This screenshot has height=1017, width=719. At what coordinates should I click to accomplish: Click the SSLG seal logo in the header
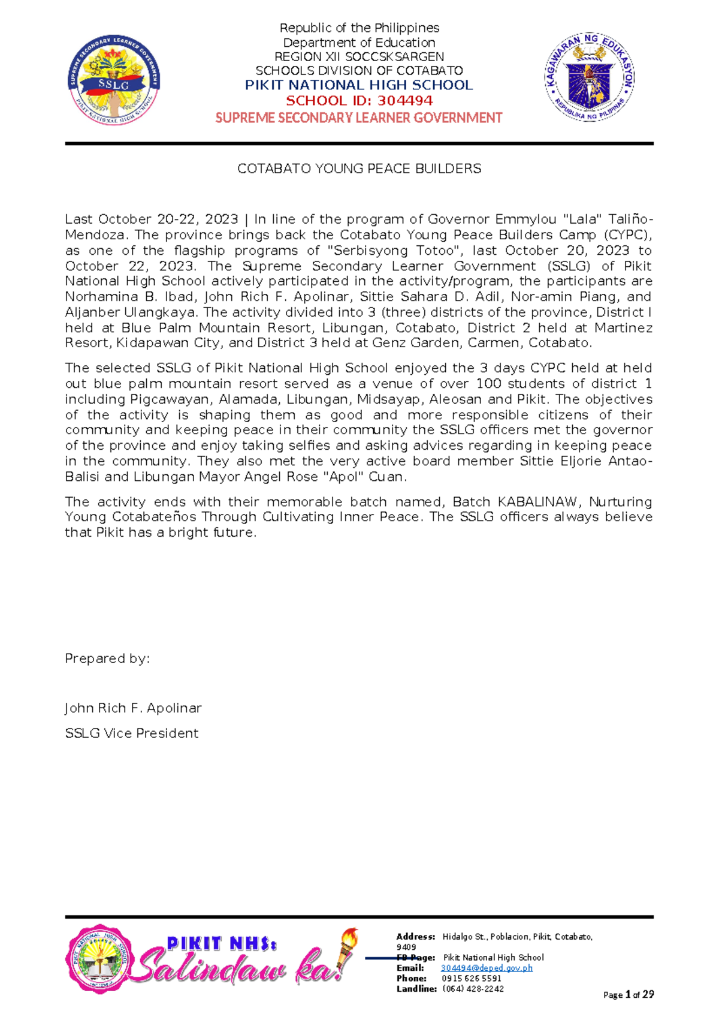(114, 80)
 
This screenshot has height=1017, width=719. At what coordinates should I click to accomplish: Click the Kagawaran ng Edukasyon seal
(590, 77)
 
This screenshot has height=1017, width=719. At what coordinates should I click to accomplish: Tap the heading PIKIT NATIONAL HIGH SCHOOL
(359, 85)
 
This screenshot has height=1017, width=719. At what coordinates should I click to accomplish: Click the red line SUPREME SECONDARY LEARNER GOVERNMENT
(359, 118)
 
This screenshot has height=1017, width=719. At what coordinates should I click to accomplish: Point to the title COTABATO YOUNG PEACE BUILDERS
(359, 169)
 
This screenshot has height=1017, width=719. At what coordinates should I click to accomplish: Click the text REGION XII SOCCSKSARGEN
(359, 57)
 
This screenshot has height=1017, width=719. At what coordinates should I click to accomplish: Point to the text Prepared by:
(107, 658)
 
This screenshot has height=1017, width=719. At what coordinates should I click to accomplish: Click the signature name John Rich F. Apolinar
(133, 708)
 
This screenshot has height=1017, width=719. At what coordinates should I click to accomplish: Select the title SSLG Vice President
(131, 733)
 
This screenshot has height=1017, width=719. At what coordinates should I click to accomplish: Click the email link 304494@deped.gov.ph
(487, 968)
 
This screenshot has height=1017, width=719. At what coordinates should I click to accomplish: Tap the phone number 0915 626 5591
(472, 978)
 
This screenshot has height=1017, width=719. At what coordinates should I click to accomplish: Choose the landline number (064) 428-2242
(473, 989)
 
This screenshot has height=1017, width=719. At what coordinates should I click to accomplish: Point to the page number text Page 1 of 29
(628, 995)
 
